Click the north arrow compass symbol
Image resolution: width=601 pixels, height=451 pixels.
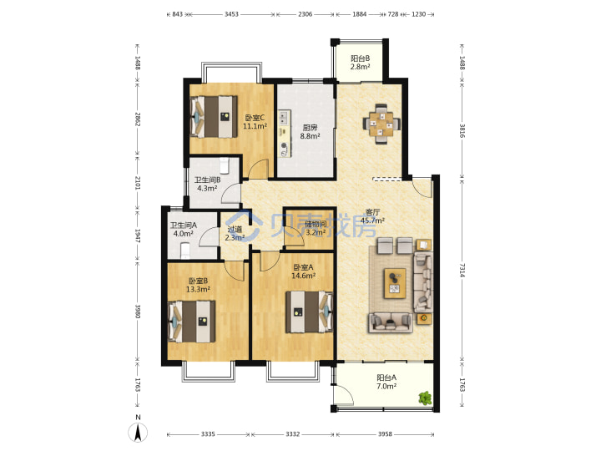(x=138, y=432)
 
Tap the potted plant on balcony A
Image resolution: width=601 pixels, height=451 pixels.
(x=425, y=398)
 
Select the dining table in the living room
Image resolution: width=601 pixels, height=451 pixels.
(x=381, y=124)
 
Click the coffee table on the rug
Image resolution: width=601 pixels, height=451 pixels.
(x=395, y=283)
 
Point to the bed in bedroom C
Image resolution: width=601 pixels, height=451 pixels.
(x=214, y=116)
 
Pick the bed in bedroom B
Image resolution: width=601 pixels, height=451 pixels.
(x=192, y=322)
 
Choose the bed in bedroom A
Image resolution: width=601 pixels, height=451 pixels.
(x=310, y=312)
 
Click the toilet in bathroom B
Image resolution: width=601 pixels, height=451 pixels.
(x=225, y=165)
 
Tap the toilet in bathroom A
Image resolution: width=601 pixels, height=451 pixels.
(x=185, y=250)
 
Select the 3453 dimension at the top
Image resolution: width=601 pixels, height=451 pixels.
(x=231, y=14)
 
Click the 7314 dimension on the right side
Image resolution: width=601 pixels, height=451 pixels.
(x=462, y=270)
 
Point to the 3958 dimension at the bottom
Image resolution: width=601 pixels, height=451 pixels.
(x=385, y=433)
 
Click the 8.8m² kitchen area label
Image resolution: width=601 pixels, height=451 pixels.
(x=310, y=136)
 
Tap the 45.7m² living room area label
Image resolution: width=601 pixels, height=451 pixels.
(x=372, y=220)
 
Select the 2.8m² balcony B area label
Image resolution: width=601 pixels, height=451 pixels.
(x=361, y=67)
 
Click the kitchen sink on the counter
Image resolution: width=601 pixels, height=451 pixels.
(x=284, y=118)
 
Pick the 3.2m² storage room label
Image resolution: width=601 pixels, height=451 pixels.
(x=316, y=232)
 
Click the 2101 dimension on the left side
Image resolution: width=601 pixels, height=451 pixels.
(x=138, y=183)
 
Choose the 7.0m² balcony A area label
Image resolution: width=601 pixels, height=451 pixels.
(x=386, y=386)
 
